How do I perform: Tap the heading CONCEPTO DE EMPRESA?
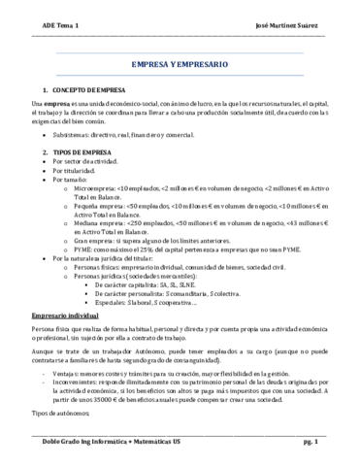(x=94, y=89)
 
